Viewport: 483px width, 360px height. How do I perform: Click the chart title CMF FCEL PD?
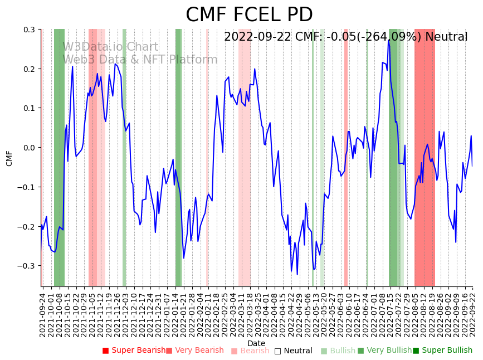pos(249,15)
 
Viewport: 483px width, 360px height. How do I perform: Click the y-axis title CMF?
pos(9,158)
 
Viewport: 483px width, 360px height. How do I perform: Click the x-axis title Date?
pos(256,343)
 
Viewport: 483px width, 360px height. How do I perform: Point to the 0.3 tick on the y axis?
pos(29,30)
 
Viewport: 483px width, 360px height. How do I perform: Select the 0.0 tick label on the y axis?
pos(29,148)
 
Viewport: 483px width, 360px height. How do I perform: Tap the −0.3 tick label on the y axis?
pos(27,266)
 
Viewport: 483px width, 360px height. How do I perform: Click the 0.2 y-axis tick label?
pos(29,69)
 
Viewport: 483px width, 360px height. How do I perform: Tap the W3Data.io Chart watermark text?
pos(110,47)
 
